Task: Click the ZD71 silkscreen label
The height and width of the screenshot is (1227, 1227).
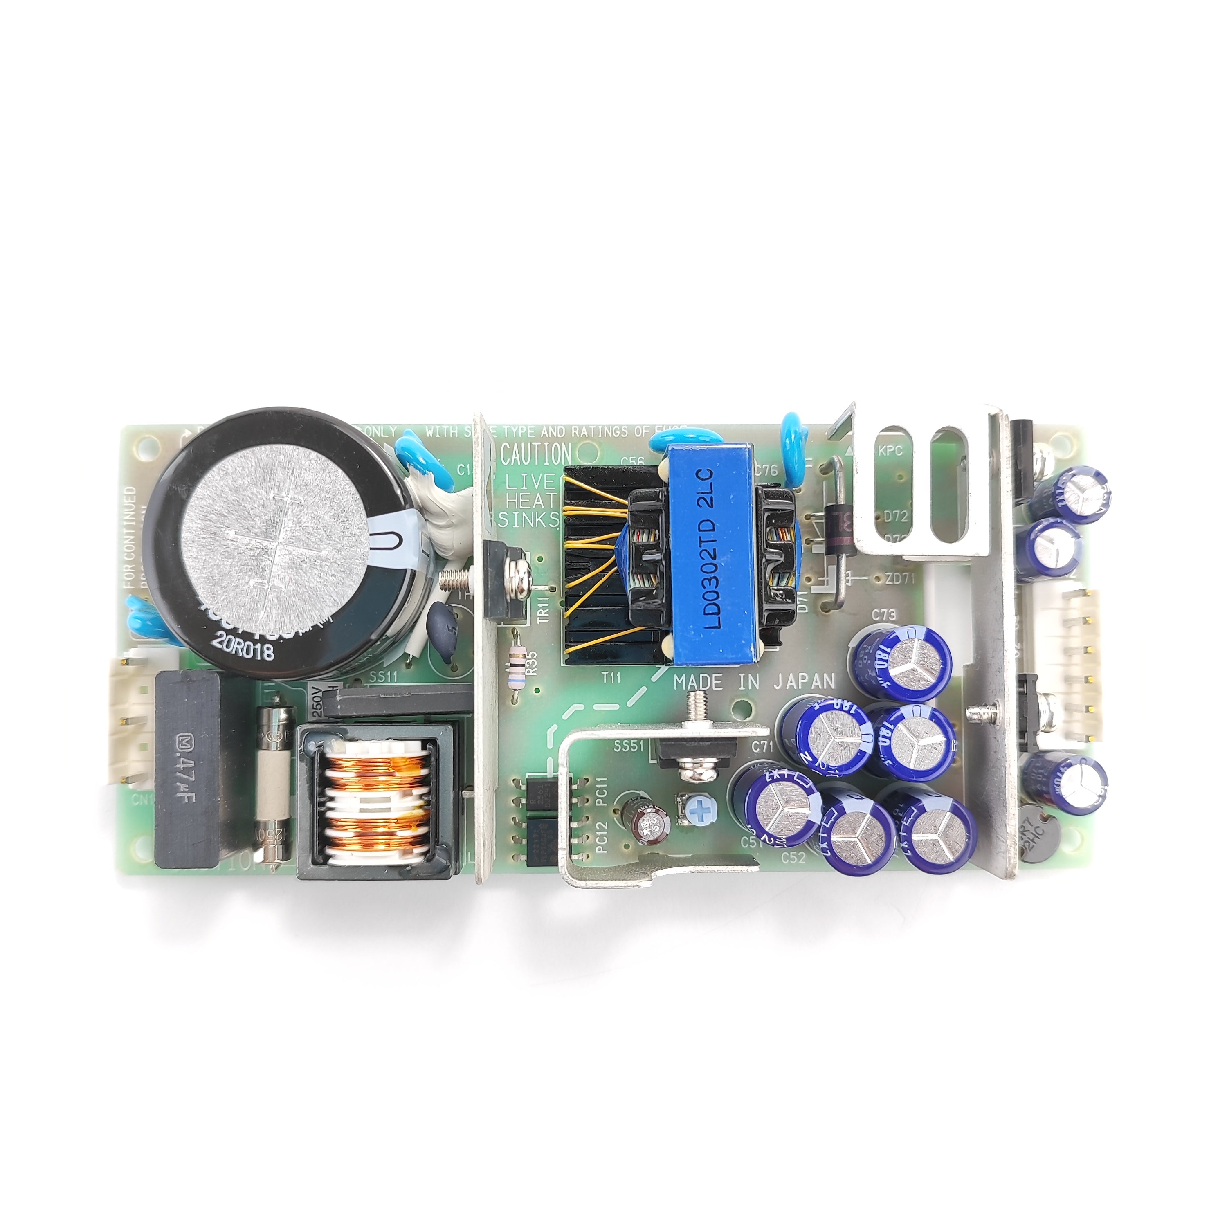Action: point(900,579)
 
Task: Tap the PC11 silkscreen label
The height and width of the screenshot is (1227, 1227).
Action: point(602,792)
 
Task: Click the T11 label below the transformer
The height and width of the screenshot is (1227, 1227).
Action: point(611,678)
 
